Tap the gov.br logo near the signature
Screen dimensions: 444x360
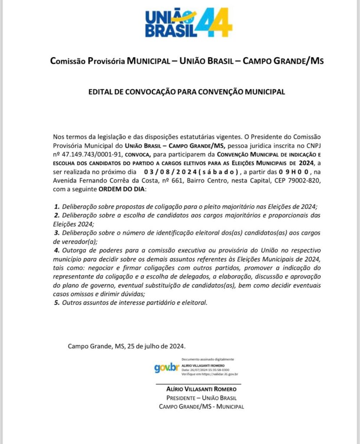click(167, 368)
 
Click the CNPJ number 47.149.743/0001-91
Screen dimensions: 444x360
click(92, 153)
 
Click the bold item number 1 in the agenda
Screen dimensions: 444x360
click(56, 207)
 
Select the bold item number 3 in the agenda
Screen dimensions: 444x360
click(56, 233)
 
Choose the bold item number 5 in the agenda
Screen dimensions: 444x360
click(56, 302)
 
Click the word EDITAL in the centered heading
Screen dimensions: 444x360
click(101, 92)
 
